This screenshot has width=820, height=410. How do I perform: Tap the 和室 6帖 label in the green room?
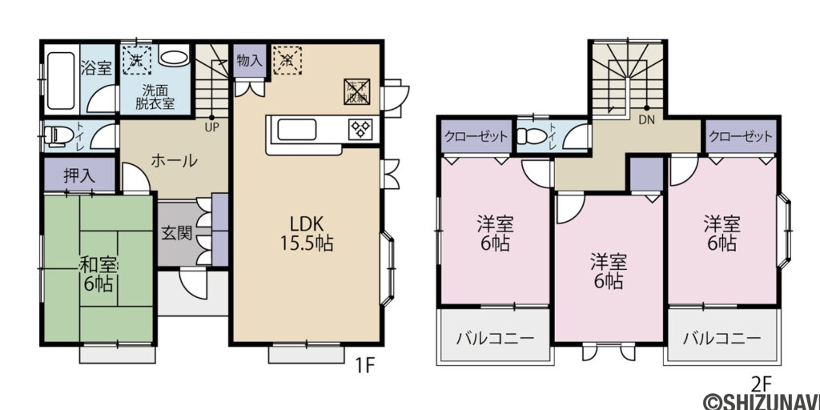pyautogui.click(x=98, y=273)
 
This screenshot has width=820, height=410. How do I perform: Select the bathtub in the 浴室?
pyautogui.click(x=61, y=80)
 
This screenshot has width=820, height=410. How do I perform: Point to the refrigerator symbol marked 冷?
pyautogui.click(x=286, y=58)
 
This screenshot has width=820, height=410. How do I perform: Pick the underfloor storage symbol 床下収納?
pyautogui.click(x=356, y=91)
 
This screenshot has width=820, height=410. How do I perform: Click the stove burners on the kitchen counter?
pyautogui.click(x=357, y=129)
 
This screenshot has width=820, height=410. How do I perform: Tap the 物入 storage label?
pyautogui.click(x=249, y=60)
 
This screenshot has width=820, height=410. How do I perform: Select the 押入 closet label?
pyautogui.click(x=78, y=175)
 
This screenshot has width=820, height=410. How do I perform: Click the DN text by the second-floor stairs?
pyautogui.click(x=646, y=123)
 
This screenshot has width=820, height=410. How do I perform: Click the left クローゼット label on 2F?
pyautogui.click(x=476, y=136)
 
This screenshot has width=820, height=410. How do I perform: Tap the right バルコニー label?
pyautogui.click(x=722, y=338)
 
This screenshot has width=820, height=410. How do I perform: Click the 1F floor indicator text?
pyautogui.click(x=365, y=367)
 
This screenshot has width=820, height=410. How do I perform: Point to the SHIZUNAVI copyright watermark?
pyautogui.click(x=761, y=400)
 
